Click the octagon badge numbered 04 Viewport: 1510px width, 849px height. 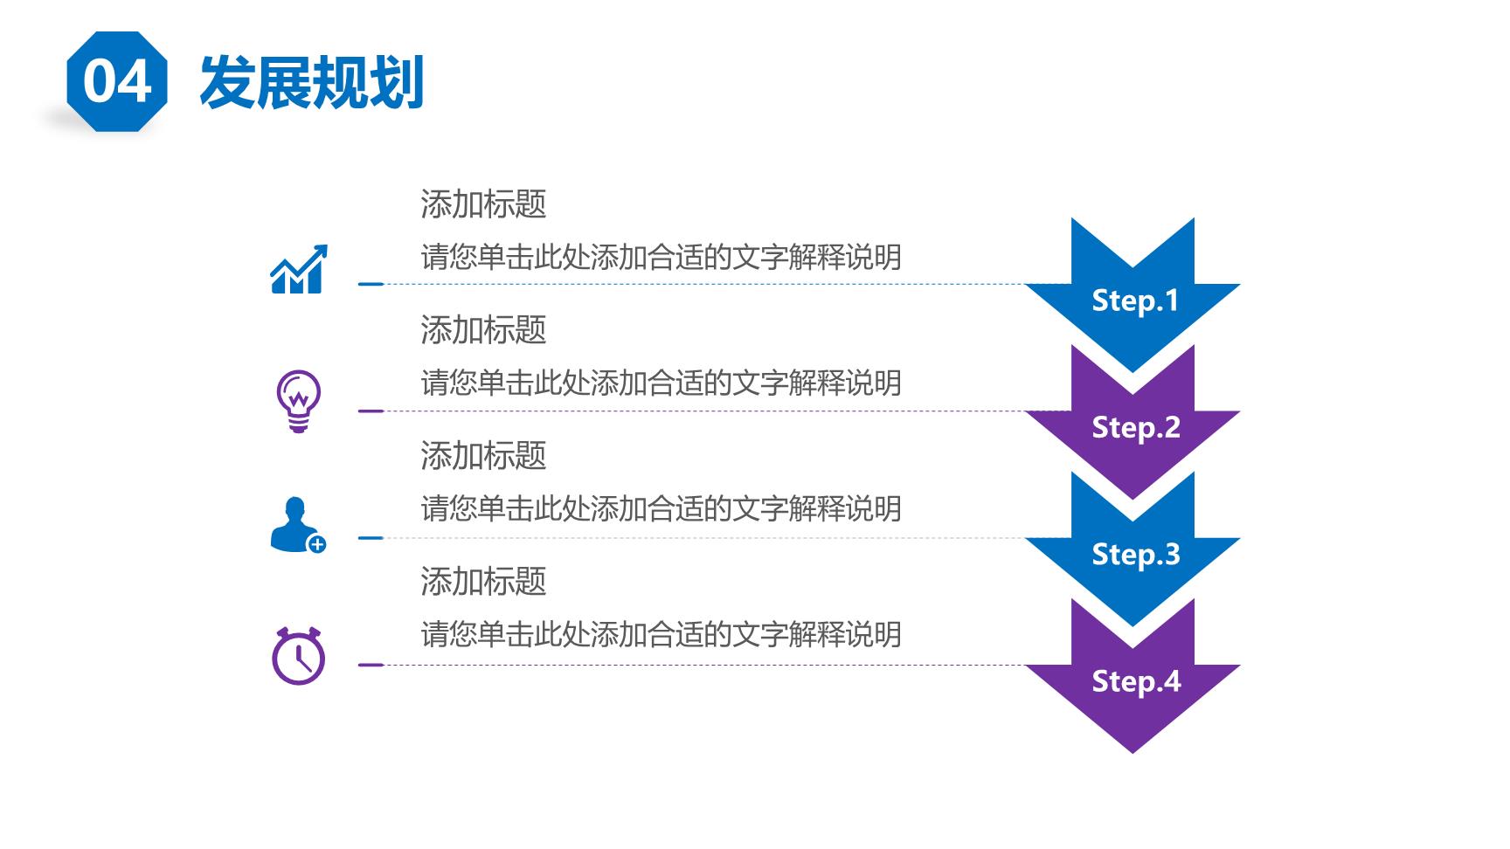point(116,81)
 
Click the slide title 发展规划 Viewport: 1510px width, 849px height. point(312,82)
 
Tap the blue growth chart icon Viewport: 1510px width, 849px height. point(299,268)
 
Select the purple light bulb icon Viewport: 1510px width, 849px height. point(299,401)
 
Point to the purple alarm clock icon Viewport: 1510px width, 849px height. point(298,655)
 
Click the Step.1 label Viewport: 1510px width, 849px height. point(1135,300)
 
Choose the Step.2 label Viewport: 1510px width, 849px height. point(1135,427)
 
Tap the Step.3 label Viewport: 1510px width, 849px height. point(1135,554)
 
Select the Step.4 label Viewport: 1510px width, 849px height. point(1135,680)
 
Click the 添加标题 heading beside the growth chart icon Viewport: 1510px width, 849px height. point(483,204)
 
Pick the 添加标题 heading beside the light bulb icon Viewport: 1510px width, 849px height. point(483,330)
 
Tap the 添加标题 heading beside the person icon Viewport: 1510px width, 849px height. point(483,456)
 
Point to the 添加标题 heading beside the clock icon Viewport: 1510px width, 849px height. point(483,582)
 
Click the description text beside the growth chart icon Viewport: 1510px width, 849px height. point(661,257)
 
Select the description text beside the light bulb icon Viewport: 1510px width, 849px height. point(661,383)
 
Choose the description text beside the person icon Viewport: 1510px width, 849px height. point(661,508)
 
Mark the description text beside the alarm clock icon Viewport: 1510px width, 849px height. point(661,634)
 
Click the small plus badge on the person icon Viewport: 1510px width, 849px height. point(316,544)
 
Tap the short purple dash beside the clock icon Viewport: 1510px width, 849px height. point(371,665)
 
